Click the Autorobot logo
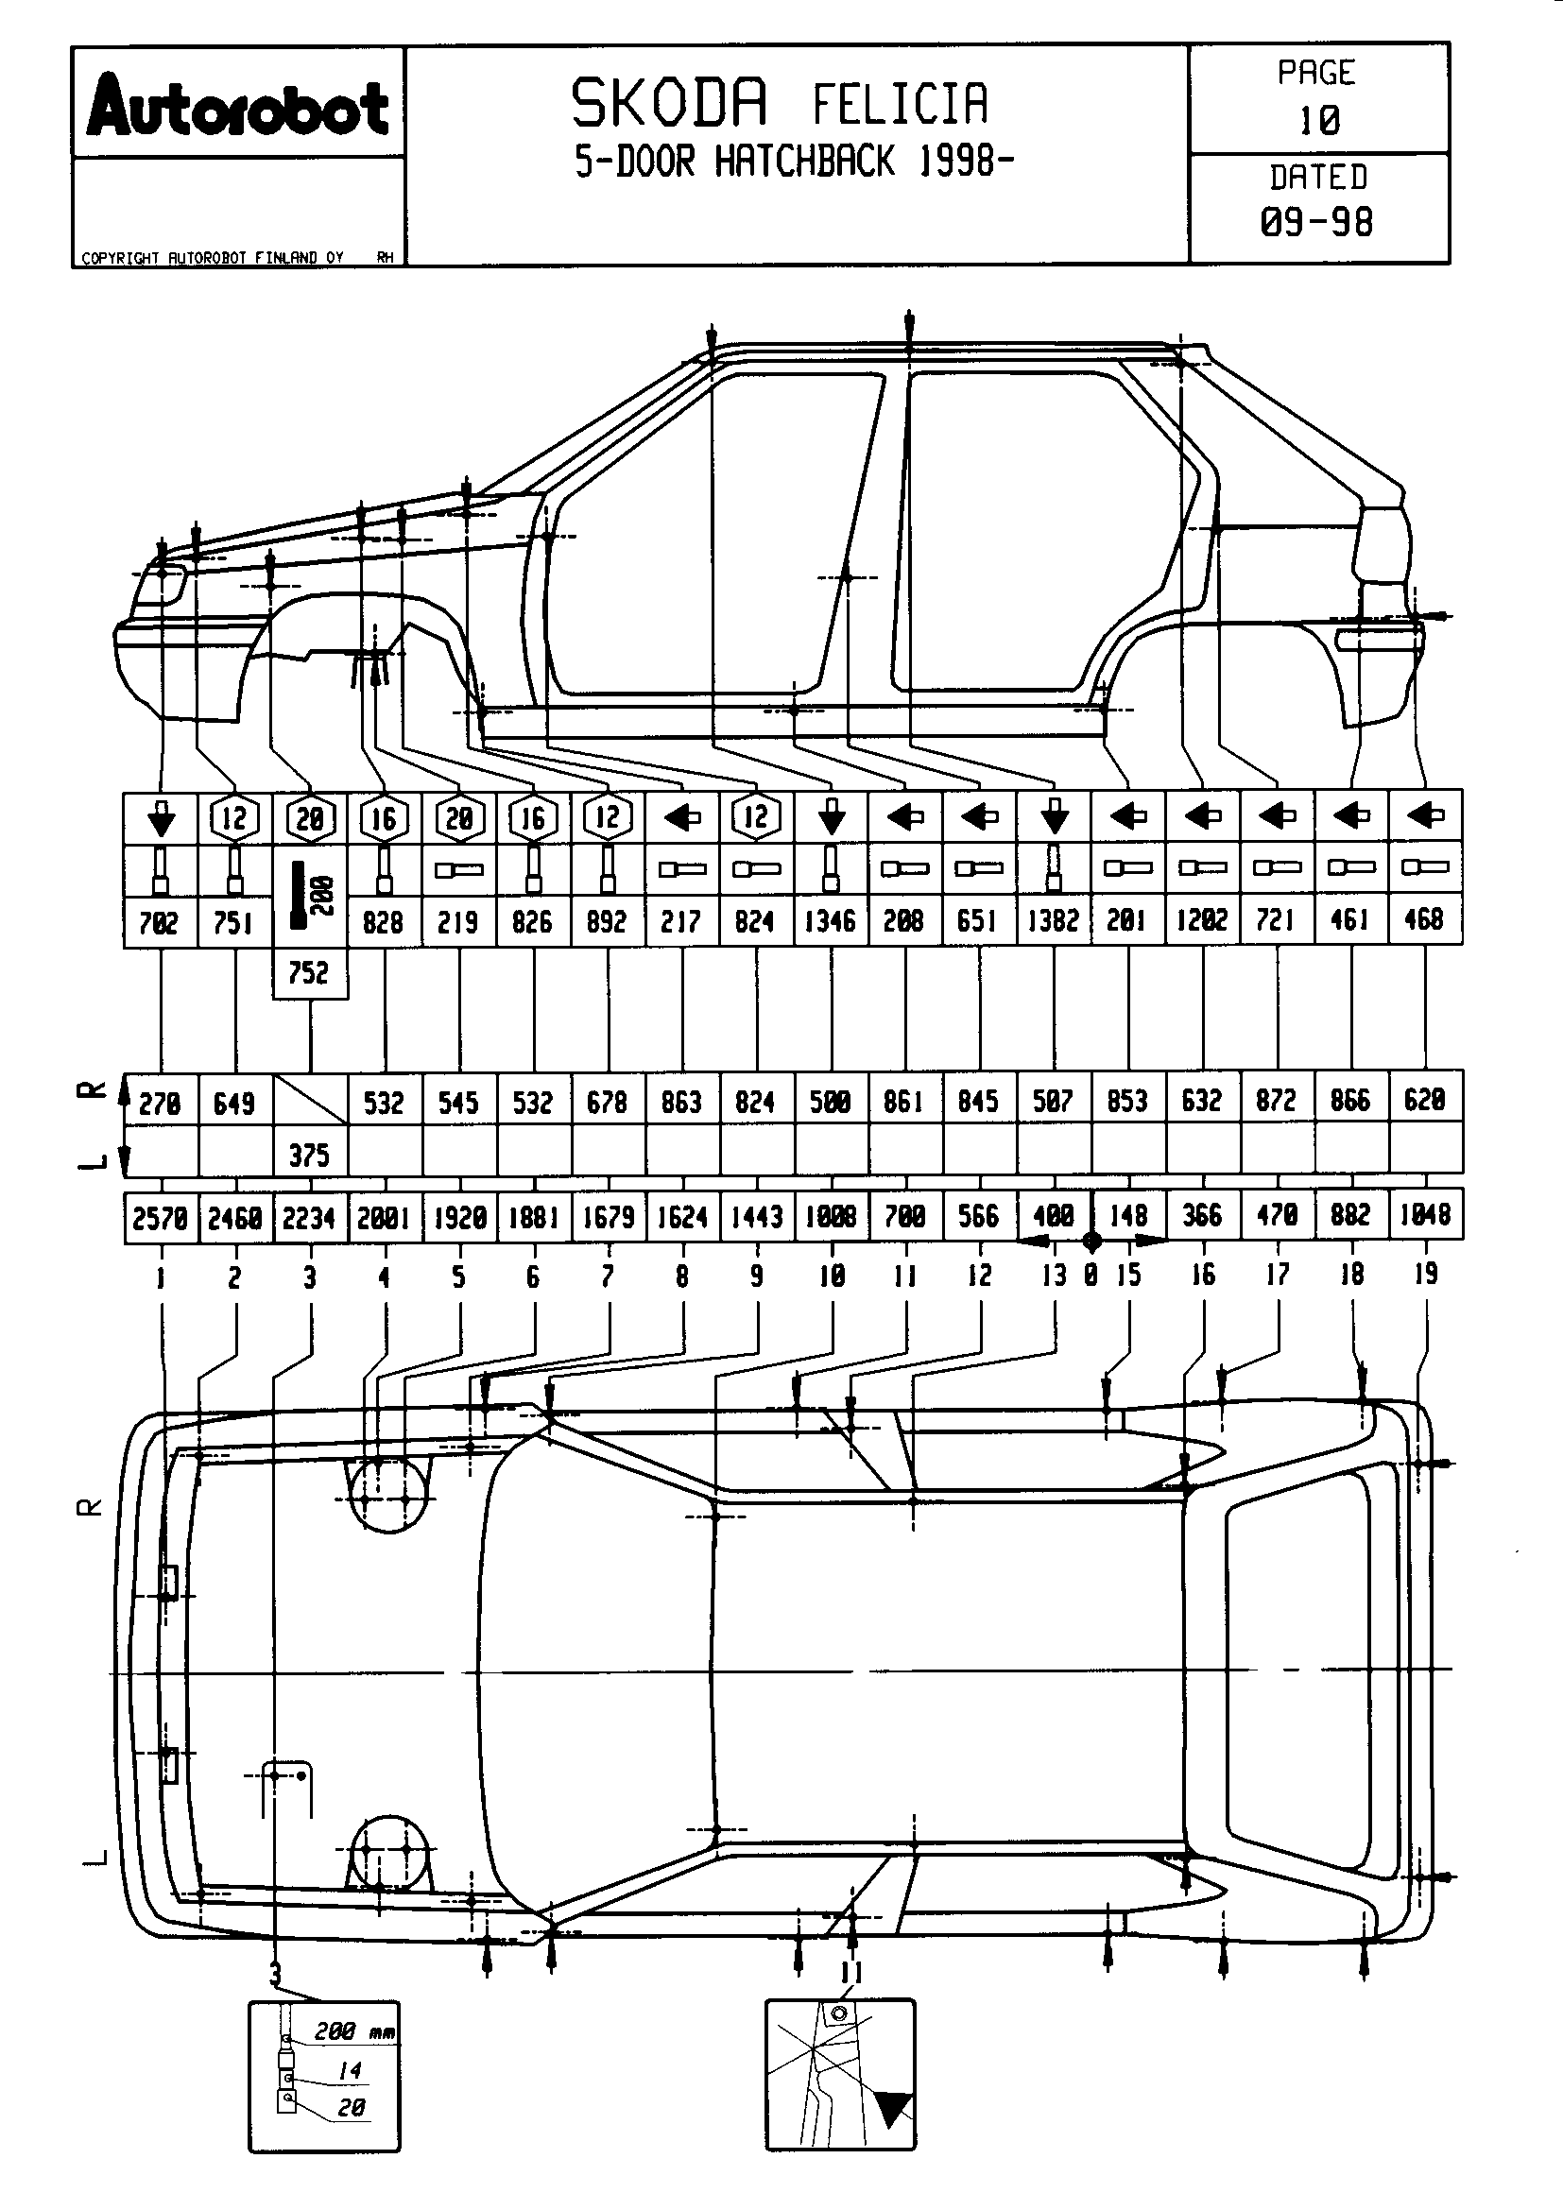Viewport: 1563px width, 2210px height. pyautogui.click(x=238, y=106)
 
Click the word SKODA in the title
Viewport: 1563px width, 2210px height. pyautogui.click(x=670, y=104)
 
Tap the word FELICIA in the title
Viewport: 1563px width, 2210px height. pyautogui.click(x=900, y=105)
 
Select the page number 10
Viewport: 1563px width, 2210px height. pyautogui.click(x=1318, y=121)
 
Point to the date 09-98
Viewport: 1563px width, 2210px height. pyautogui.click(x=1316, y=222)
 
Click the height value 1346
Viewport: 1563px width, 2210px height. pyautogui.click(x=831, y=921)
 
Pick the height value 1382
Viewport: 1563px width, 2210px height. pyautogui.click(x=1053, y=921)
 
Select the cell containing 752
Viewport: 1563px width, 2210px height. pyautogui.click(x=309, y=973)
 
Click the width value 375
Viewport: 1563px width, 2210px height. pyautogui.click(x=309, y=1154)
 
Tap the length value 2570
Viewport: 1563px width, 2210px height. pyautogui.click(x=160, y=1219)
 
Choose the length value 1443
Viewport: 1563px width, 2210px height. pyautogui.click(x=757, y=1218)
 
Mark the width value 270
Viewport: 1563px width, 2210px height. pyautogui.click(x=160, y=1102)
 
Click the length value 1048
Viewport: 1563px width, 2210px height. pyautogui.click(x=1425, y=1216)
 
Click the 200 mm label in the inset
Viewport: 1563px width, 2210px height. pyautogui.click(x=352, y=2030)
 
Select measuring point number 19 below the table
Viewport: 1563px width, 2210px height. pyautogui.click(x=1425, y=1275)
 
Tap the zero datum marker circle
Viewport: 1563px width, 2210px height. pyautogui.click(x=1091, y=1242)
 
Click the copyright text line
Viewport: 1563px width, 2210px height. pyautogui.click(x=213, y=258)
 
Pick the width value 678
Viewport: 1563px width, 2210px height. pyautogui.click(x=608, y=1102)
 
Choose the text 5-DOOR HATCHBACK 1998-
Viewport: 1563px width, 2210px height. pyautogui.click(x=795, y=162)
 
